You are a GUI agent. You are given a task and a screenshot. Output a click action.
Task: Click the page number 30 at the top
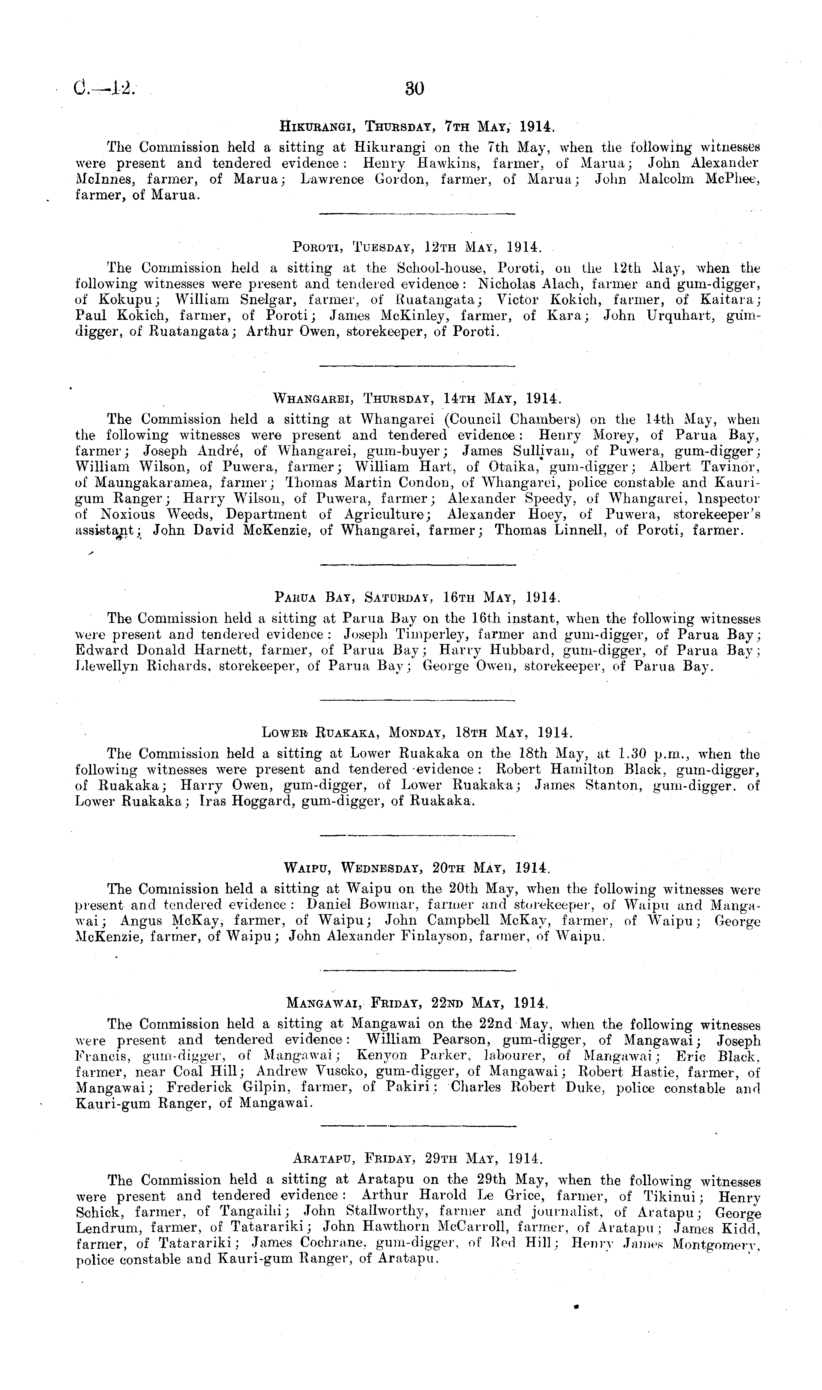(414, 89)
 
